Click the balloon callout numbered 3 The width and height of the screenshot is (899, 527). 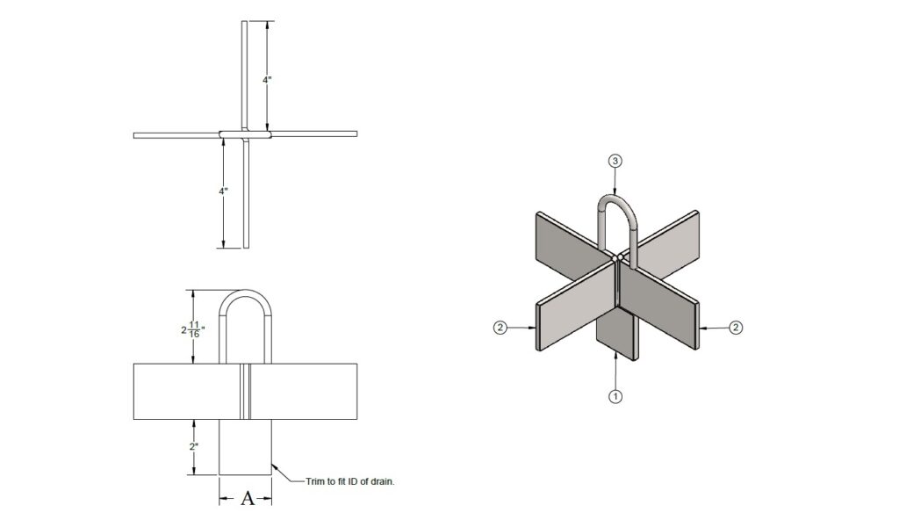click(x=615, y=161)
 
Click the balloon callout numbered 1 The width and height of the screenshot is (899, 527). click(x=615, y=396)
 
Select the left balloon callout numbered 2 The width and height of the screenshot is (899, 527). click(x=499, y=328)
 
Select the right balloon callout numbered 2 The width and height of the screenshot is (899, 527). click(x=736, y=328)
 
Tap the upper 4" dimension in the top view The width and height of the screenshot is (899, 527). click(x=267, y=79)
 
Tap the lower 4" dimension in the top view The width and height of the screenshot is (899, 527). click(x=224, y=191)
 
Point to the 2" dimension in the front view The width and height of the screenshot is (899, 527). click(x=195, y=446)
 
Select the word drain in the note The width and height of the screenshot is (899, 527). click(x=392, y=480)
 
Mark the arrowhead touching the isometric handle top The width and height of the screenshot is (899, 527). click(x=615, y=193)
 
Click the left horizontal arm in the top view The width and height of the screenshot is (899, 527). click(x=176, y=135)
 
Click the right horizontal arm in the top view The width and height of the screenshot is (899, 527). click(x=316, y=134)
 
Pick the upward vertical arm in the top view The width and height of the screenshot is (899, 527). click(x=245, y=75)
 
